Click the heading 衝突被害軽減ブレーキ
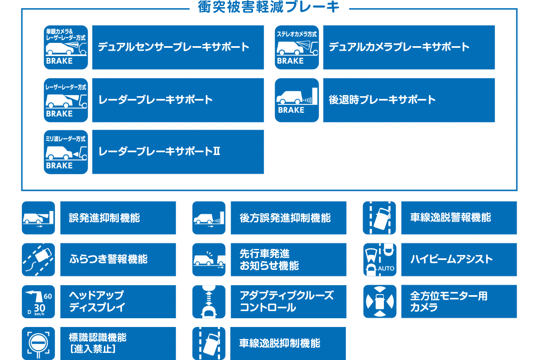tap(269, 7)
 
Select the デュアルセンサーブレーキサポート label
tap(174, 47)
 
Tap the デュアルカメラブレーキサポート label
tap(399, 47)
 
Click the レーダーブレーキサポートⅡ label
tap(159, 152)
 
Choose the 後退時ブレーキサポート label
tap(382, 100)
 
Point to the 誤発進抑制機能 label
tap(105, 218)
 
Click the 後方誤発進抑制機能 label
tap(285, 218)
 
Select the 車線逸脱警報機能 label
tap(450, 218)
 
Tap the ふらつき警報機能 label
tap(108, 259)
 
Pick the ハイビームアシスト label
tap(452, 259)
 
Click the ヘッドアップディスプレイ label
tap(97, 301)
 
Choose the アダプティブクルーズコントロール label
tap(287, 301)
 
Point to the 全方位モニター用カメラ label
tap(449, 301)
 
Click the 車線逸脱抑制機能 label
tap(279, 344)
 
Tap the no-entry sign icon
tap(38, 344)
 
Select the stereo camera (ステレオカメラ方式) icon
tap(297, 47)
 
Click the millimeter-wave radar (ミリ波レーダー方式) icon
tap(66, 152)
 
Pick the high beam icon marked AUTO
tap(380, 259)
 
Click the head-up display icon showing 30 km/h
tap(38, 301)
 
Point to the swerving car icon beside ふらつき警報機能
tap(38, 259)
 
